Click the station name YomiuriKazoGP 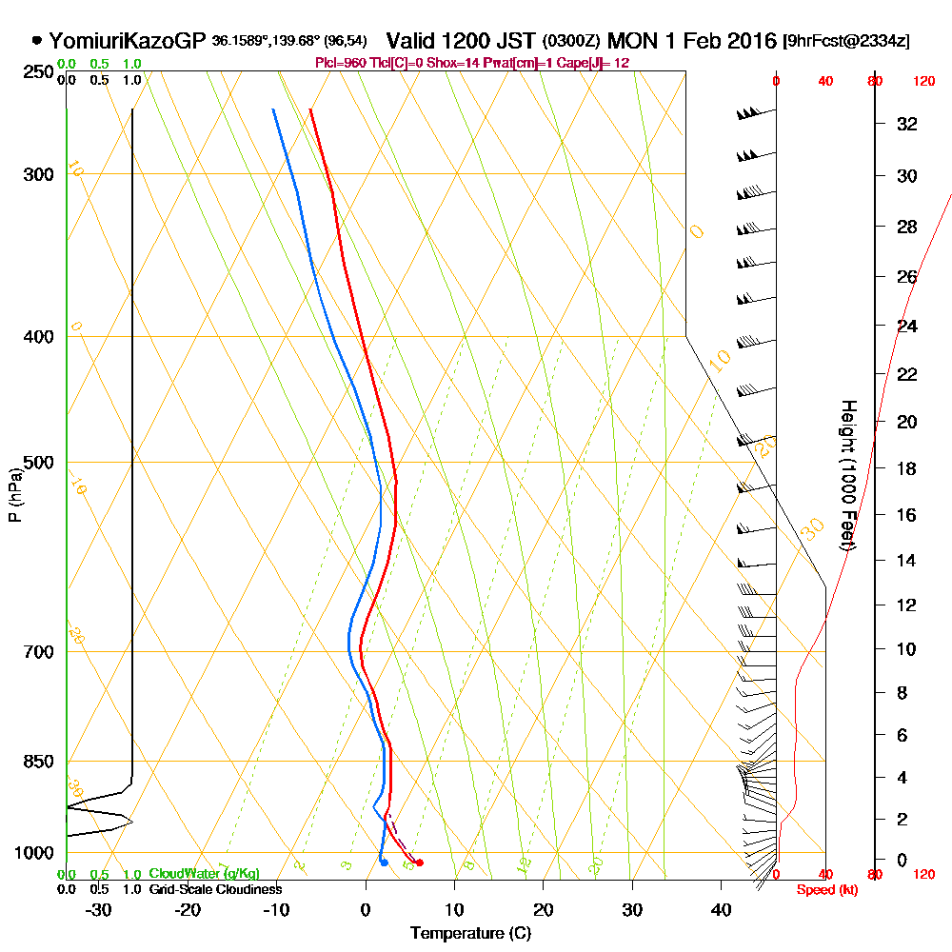click(x=127, y=41)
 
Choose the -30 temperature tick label click(x=99, y=909)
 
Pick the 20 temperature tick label click(x=544, y=909)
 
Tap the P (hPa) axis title click(x=14, y=494)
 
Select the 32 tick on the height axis click(x=907, y=124)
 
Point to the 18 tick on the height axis click(x=907, y=468)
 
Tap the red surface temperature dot click(x=420, y=863)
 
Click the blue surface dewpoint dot click(x=384, y=863)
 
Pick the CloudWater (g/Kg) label click(x=204, y=874)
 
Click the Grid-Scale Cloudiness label click(x=214, y=889)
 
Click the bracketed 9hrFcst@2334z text click(x=845, y=42)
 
